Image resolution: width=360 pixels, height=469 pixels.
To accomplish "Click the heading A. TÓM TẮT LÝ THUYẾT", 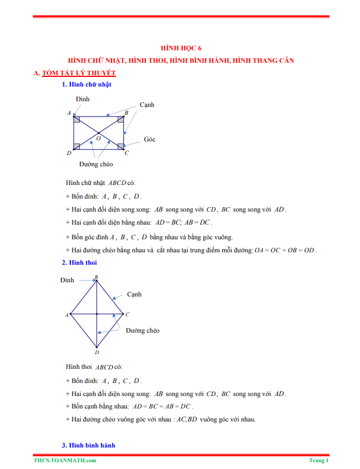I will point(75,73).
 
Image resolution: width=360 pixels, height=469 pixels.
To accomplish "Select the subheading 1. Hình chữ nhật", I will point(87,85).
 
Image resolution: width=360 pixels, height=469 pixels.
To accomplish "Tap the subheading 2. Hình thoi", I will point(79,263).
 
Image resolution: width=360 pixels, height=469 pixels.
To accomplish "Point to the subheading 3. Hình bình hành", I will point(88,445).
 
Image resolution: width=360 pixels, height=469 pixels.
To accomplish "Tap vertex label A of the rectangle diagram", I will point(69,113).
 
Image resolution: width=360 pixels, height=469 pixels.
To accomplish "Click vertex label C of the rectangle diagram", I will point(127,153).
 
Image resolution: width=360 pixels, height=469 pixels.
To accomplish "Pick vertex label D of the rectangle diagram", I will point(68,153).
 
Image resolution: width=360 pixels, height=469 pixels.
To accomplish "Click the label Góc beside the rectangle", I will point(149,139).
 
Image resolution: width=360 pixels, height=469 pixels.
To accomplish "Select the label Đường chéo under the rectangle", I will point(96,164).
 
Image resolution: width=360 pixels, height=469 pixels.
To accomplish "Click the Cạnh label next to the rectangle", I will point(147,105).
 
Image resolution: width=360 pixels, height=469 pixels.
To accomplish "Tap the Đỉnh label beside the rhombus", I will point(67,280).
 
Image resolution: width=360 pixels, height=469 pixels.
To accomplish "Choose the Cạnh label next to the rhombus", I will point(134,294).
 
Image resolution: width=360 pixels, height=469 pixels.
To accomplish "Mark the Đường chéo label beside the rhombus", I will point(143,330).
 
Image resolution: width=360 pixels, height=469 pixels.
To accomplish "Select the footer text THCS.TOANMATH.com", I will point(64,461).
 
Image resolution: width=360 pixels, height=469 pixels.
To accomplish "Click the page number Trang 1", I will point(319,461).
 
